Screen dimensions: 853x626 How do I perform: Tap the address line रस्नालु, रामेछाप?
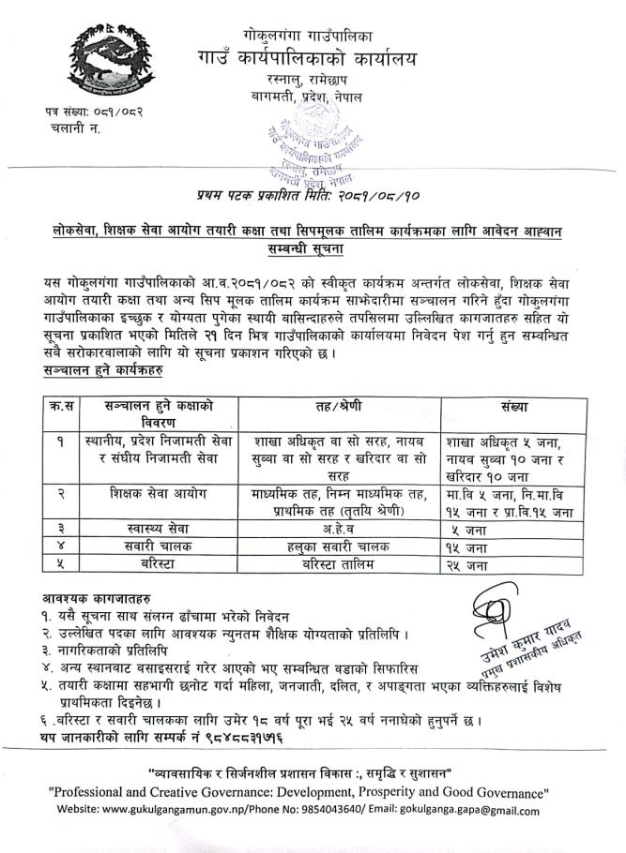[x=313, y=79]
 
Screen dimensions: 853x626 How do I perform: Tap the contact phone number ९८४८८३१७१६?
[x=221, y=740]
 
